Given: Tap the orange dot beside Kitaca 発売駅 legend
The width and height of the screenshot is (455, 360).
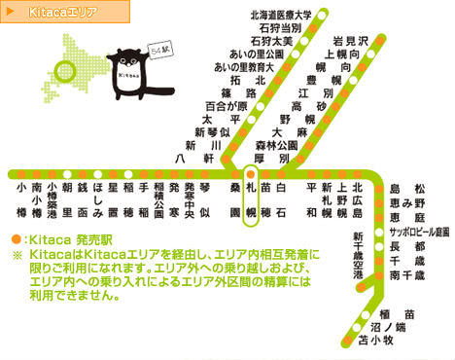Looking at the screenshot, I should tap(16, 238).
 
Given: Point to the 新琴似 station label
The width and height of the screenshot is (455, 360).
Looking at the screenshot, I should tap(213, 131).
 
